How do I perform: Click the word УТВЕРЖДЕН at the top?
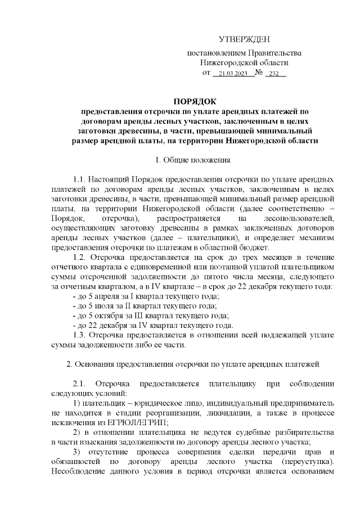[x=244, y=39]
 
